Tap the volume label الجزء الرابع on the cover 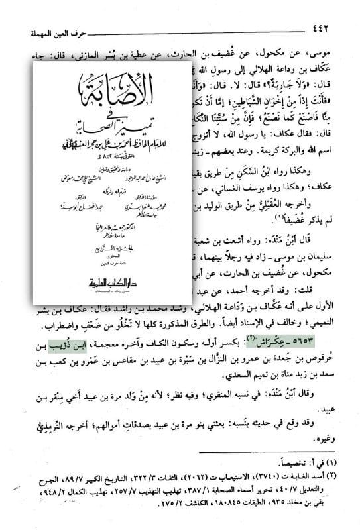112,246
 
